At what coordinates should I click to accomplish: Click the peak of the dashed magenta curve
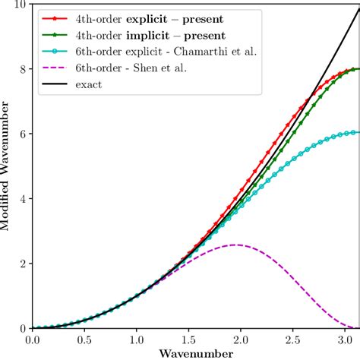[235, 245]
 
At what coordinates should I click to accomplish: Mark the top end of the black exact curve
[358, 8]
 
